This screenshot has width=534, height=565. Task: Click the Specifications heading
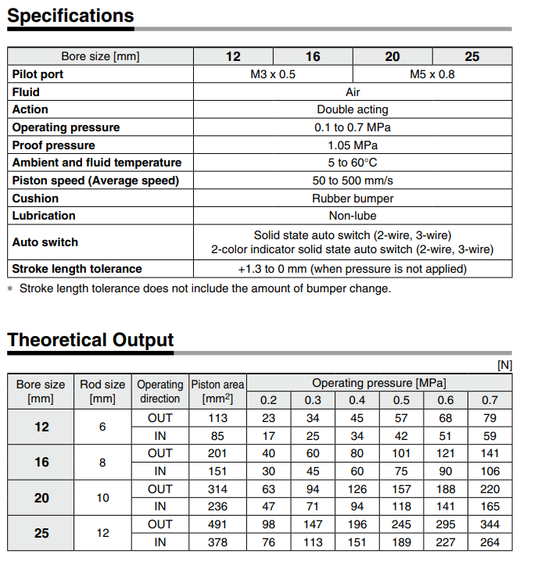pyautogui.click(x=70, y=16)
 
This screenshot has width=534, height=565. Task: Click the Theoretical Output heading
pyautogui.click(x=91, y=340)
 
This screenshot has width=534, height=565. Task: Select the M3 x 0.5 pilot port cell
pyautogui.click(x=272, y=74)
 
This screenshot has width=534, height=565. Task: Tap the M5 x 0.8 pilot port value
pyautogui.click(x=432, y=74)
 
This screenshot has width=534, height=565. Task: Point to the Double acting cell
pyautogui.click(x=352, y=109)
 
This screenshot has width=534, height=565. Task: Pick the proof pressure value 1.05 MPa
pyautogui.click(x=352, y=145)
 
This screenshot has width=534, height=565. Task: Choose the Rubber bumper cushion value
pyautogui.click(x=352, y=198)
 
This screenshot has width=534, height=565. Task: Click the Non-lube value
pyautogui.click(x=352, y=216)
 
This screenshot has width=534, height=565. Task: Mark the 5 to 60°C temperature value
pyautogui.click(x=352, y=163)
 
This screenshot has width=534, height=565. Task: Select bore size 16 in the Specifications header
pyautogui.click(x=313, y=56)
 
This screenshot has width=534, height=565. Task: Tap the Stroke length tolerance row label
pyautogui.click(x=77, y=269)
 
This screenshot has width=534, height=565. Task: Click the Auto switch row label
pyautogui.click(x=45, y=242)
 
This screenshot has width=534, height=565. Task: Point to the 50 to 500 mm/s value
pyautogui.click(x=352, y=181)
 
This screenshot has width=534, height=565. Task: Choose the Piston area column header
pyautogui.click(x=217, y=391)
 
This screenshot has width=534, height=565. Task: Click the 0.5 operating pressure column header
pyautogui.click(x=401, y=400)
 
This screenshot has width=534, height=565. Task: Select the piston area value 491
pyautogui.click(x=217, y=524)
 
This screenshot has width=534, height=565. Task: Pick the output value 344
pyautogui.click(x=489, y=524)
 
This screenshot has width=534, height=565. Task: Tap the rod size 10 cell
pyautogui.click(x=102, y=498)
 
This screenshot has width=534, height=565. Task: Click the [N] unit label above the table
pyautogui.click(x=504, y=365)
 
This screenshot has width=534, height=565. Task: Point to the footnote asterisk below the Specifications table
pyautogui.click(x=10, y=288)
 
